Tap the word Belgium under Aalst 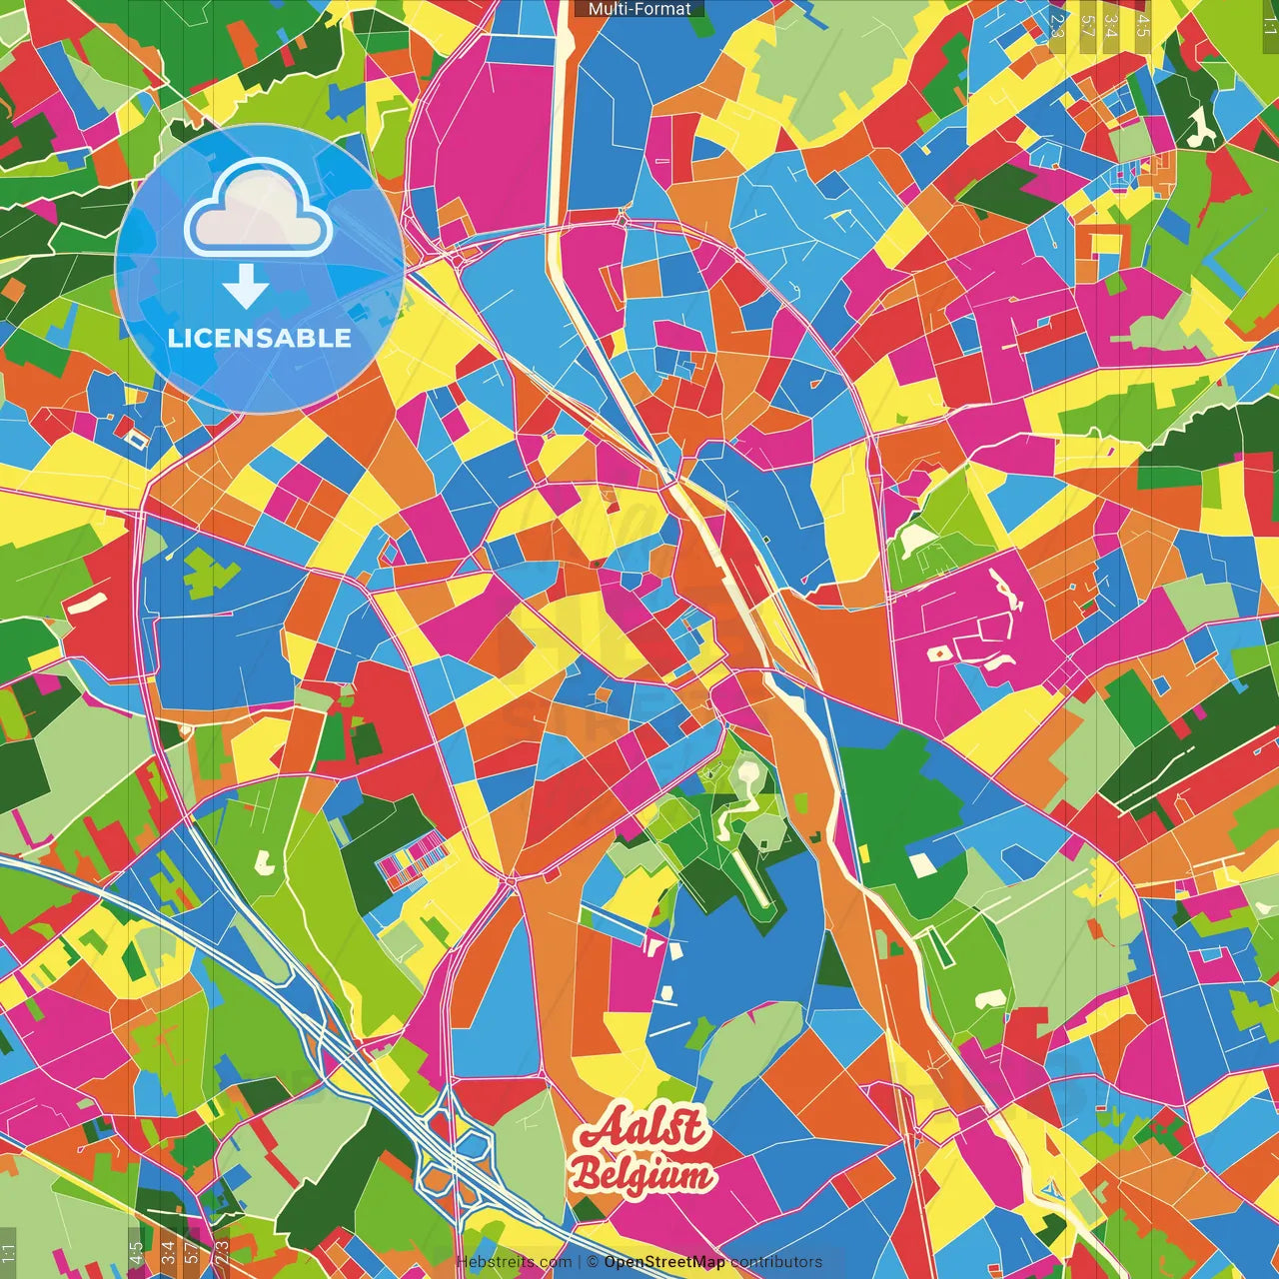(x=641, y=1175)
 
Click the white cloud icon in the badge (x=258, y=213)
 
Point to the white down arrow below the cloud (x=246, y=288)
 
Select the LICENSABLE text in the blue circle (x=259, y=338)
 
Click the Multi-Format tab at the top (x=639, y=9)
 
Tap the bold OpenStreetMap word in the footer (x=663, y=1262)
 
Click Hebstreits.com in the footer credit (x=514, y=1262)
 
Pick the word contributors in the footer (x=776, y=1262)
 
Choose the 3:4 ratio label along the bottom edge (x=167, y=1250)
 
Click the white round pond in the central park (x=746, y=770)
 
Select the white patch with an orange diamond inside (x=940, y=653)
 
